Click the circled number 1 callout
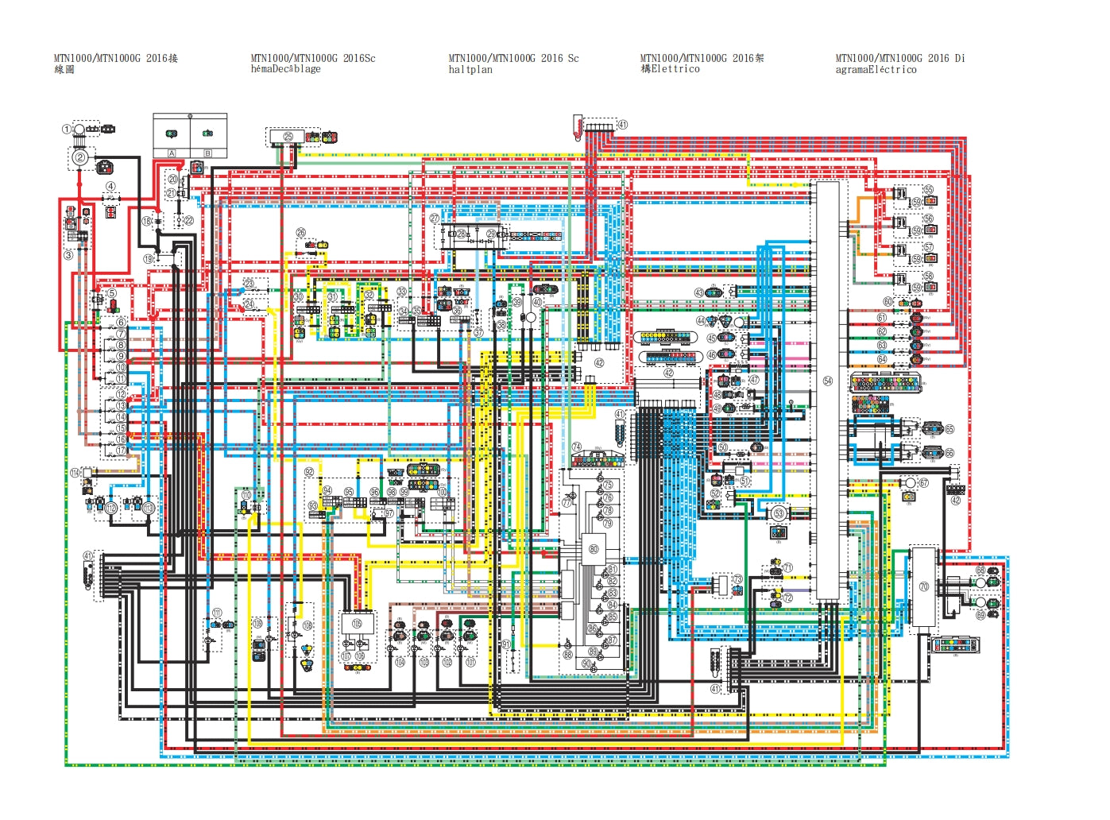click(68, 130)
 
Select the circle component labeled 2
click(80, 158)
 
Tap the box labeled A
click(172, 153)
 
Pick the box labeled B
click(208, 153)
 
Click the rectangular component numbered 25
click(287, 137)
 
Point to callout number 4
click(110, 187)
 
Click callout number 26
click(301, 233)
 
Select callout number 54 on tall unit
click(827, 381)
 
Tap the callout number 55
click(928, 190)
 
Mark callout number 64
click(882, 359)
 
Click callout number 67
click(923, 483)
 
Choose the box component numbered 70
click(923, 586)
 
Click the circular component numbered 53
click(779, 513)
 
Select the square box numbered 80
click(593, 549)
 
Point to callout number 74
click(577, 447)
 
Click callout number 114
click(75, 473)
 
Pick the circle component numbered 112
click(111, 508)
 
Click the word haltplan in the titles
click(470, 70)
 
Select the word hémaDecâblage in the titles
click(286, 69)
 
